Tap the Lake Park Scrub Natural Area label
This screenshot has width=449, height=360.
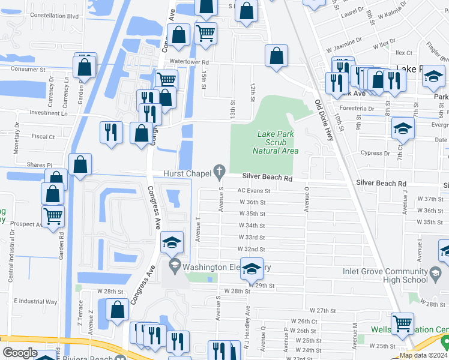pyautogui.click(x=275, y=142)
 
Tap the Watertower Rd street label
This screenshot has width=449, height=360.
pyautogui.click(x=189, y=62)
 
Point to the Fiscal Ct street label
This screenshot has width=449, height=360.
pyautogui.click(x=43, y=136)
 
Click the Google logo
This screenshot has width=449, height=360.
pyautogui.click(x=20, y=353)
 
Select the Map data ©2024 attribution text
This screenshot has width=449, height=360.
pyautogui.click(x=424, y=355)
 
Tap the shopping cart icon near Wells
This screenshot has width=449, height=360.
pyautogui.click(x=402, y=324)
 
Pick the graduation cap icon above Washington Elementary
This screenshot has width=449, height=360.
pyautogui.click(x=172, y=242)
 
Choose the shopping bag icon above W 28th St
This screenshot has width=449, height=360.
pyautogui.click(x=118, y=310)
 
